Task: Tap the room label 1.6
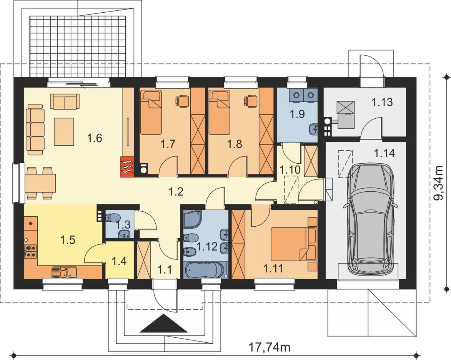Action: pyautogui.click(x=95, y=138)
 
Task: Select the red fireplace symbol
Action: pyautogui.click(x=127, y=166)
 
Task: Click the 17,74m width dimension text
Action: pyautogui.click(x=269, y=347)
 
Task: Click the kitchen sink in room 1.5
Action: pyautogui.click(x=64, y=272)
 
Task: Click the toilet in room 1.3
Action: pyautogui.click(x=111, y=217)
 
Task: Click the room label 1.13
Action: pyautogui.click(x=382, y=102)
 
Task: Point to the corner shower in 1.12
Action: pyautogui.click(x=193, y=222)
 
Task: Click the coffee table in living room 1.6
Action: pyautogui.click(x=64, y=131)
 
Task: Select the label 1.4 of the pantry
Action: pyautogui.click(x=119, y=262)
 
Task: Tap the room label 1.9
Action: pyautogui.click(x=297, y=114)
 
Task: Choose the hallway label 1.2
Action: pyautogui.click(x=176, y=191)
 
